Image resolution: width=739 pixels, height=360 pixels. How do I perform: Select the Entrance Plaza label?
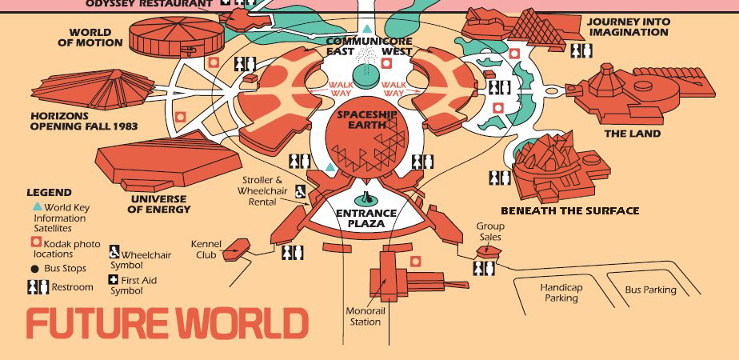(366, 218)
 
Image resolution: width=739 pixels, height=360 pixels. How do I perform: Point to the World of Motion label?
(90, 38)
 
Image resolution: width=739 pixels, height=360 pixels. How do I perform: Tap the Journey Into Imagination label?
(627, 26)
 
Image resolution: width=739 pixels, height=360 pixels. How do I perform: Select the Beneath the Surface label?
(569, 211)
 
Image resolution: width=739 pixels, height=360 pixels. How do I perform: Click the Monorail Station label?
(364, 316)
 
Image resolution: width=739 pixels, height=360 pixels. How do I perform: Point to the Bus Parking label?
(650, 290)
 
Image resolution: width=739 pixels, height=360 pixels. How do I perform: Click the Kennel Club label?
(206, 250)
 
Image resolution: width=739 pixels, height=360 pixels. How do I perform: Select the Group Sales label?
(490, 231)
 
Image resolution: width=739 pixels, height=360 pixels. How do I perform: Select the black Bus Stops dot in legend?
(34, 268)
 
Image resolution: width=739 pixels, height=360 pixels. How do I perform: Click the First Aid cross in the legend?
(114, 280)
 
